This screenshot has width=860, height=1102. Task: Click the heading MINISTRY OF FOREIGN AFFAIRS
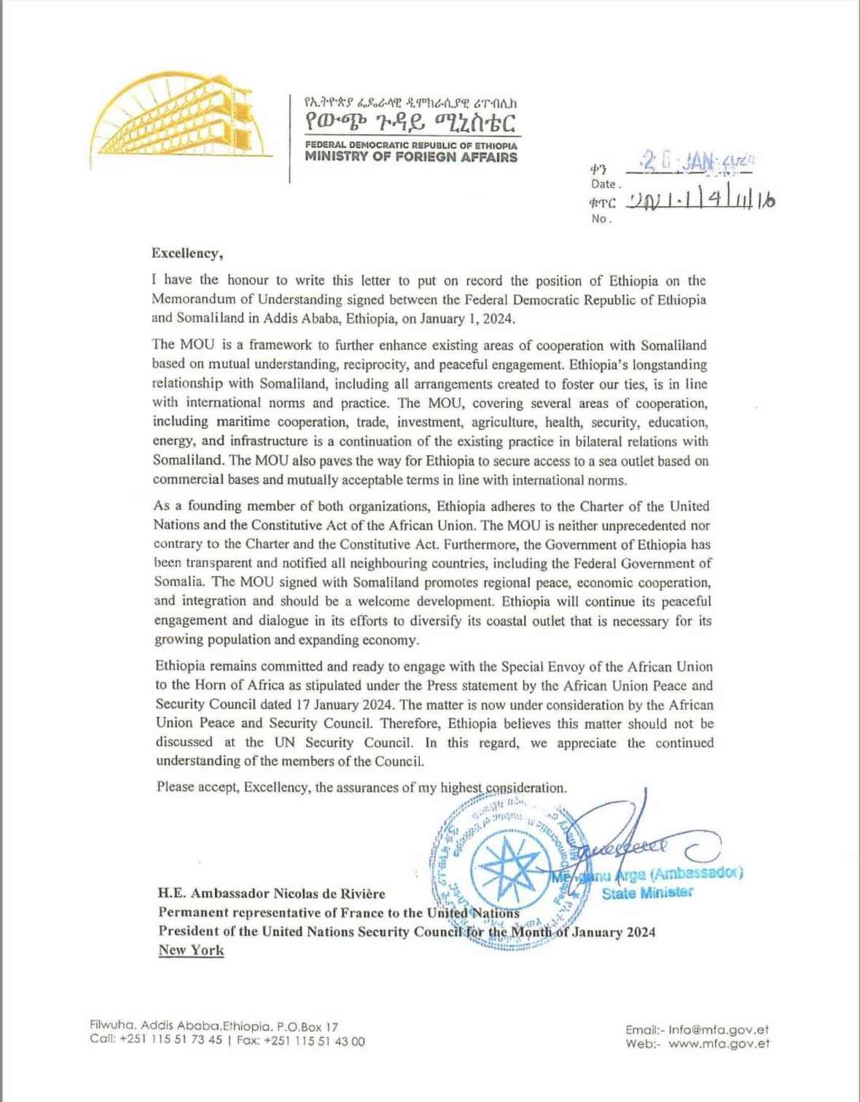click(411, 157)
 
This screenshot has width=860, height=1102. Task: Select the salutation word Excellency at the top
click(185, 254)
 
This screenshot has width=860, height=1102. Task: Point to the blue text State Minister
click(647, 893)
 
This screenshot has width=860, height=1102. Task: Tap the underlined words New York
click(191, 950)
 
